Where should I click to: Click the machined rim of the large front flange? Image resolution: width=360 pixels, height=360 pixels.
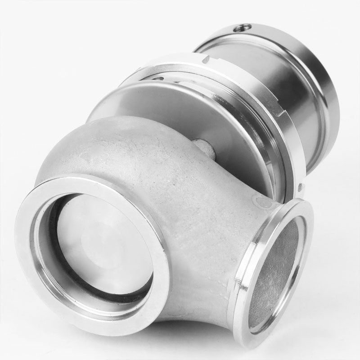(x=27, y=252)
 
